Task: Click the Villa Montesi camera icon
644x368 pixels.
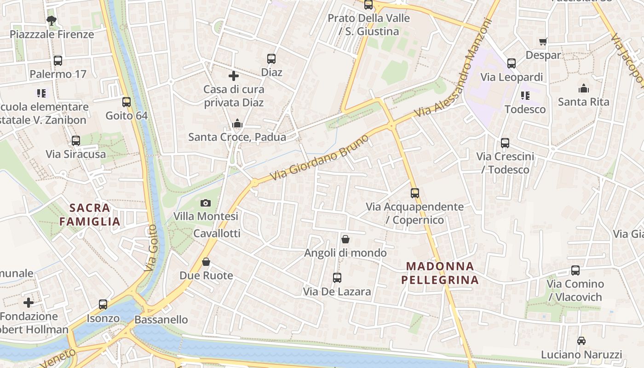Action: [206, 203]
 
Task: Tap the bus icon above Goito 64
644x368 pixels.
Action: [126, 102]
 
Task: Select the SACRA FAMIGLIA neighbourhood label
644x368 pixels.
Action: [90, 214]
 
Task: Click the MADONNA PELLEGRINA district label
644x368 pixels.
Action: [440, 273]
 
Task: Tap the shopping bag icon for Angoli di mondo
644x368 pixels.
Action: [345, 239]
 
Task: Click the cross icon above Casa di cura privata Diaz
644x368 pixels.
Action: [234, 76]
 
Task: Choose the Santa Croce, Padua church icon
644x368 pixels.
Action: [237, 123]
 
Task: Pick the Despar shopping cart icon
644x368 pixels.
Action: [543, 42]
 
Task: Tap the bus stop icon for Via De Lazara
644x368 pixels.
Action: [337, 278]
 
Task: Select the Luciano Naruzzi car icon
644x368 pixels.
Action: [581, 341]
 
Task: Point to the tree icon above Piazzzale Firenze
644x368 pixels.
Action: [52, 20]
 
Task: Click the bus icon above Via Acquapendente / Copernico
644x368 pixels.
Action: [415, 193]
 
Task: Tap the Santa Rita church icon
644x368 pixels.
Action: [583, 88]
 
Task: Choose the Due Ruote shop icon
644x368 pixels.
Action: [206, 262]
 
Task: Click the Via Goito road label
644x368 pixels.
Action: [151, 248]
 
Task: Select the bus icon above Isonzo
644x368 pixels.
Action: [103, 305]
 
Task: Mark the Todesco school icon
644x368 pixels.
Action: [525, 96]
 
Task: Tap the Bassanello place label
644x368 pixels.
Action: [161, 319]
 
